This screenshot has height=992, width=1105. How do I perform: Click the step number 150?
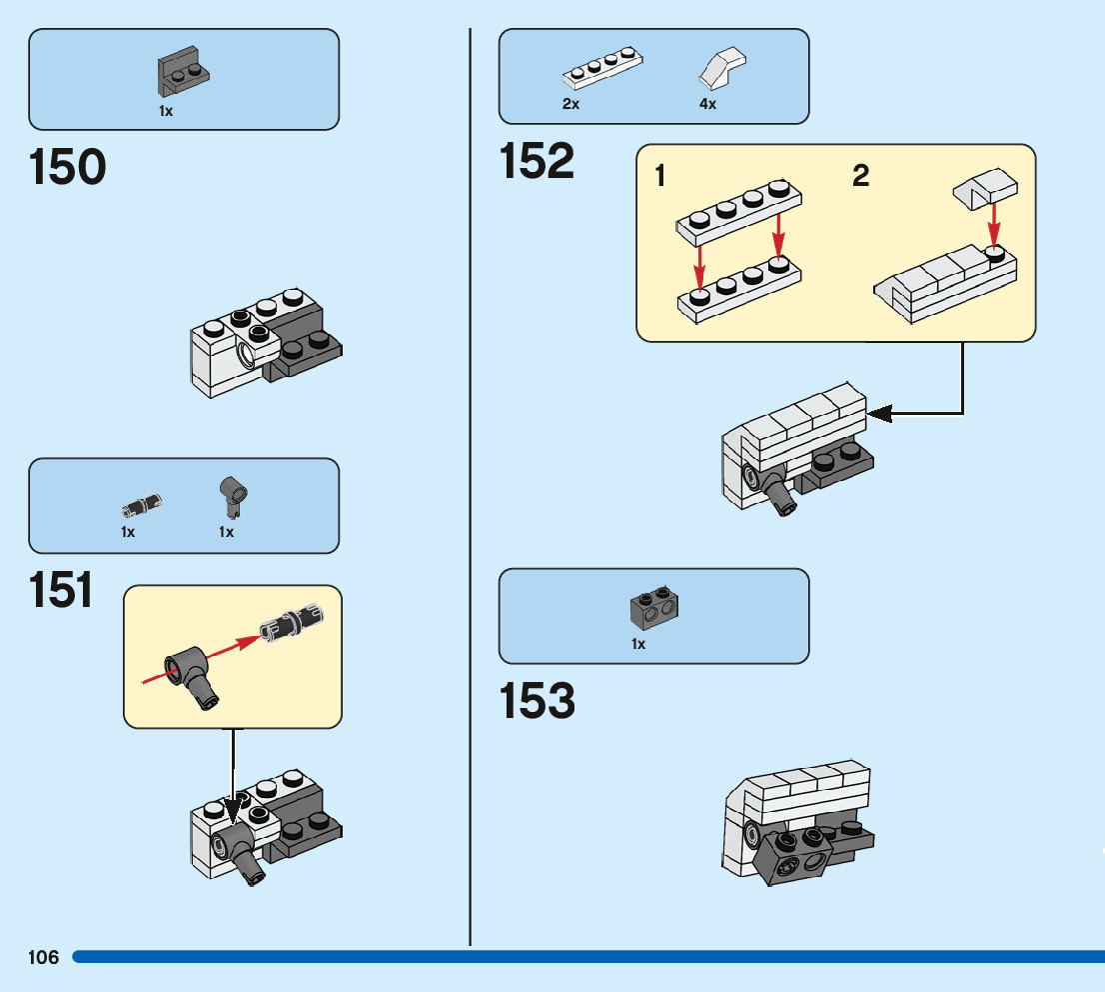click(x=68, y=167)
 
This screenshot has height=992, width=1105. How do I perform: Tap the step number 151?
click(x=62, y=590)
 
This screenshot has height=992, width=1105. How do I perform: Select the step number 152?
click(x=538, y=161)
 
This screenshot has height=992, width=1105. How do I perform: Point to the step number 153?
click(x=538, y=701)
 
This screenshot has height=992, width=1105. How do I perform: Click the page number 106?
click(x=44, y=958)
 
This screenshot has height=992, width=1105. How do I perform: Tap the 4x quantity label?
click(x=707, y=104)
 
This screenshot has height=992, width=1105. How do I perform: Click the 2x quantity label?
click(x=570, y=104)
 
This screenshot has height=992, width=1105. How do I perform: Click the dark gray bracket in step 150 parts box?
click(x=183, y=74)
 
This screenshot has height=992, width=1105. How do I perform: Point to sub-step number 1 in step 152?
click(x=660, y=177)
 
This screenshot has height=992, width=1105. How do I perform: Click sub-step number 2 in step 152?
click(x=860, y=177)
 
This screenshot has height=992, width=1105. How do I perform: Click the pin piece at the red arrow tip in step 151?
click(x=293, y=621)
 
